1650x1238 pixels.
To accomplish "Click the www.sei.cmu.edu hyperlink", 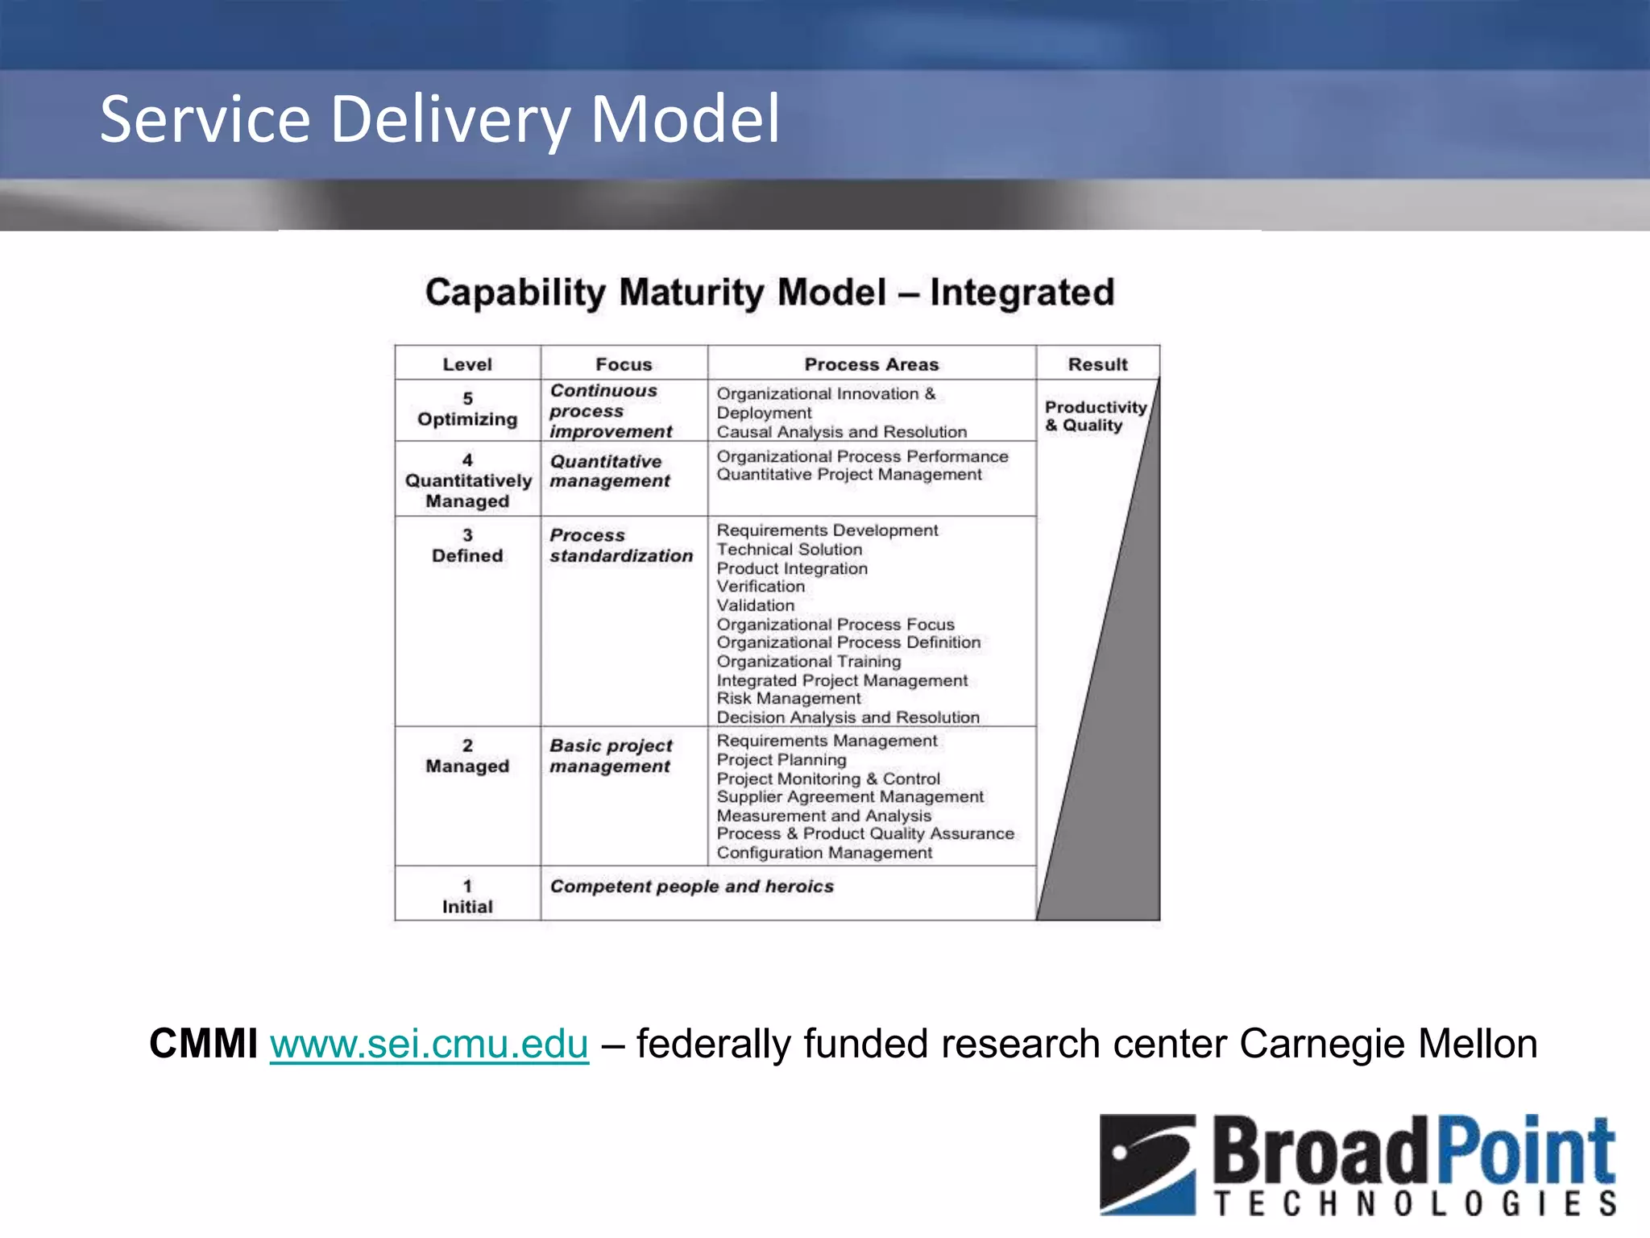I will (429, 1045).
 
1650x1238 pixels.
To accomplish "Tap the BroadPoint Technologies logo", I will (1358, 1165).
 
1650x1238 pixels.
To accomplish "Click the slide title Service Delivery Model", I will (440, 119).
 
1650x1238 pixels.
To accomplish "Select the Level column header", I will (467, 364).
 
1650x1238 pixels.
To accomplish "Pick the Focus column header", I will (624, 364).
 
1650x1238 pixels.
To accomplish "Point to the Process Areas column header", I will (872, 364).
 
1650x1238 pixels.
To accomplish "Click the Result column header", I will (1097, 364).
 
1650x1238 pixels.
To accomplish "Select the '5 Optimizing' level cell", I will (467, 409).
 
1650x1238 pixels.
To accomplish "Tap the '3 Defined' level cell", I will (467, 546).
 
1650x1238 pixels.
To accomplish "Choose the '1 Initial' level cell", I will (467, 896).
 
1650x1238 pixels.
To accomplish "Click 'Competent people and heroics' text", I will (691, 887).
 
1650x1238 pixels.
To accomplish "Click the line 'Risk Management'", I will (789, 699).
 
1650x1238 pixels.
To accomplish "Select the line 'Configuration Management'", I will (824, 853).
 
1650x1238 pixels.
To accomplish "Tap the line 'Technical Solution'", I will (790, 550).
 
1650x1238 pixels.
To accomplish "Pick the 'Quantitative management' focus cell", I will (610, 472).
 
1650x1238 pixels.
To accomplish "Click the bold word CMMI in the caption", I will (203, 1045).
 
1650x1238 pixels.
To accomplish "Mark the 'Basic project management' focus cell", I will (611, 756).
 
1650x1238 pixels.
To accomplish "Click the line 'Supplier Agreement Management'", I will (850, 797).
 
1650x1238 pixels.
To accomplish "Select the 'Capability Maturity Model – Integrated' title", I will (769, 293).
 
